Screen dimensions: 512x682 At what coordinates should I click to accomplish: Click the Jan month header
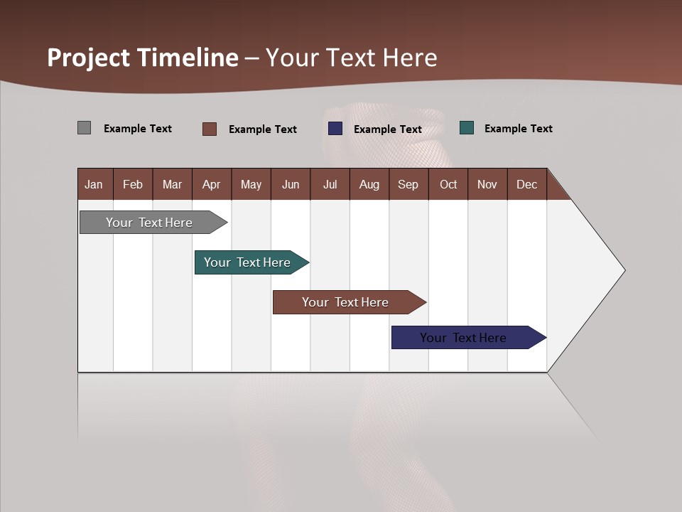click(x=94, y=184)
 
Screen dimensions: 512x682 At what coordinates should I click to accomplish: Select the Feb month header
click(x=133, y=184)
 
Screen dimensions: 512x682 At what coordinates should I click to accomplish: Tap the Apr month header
click(x=211, y=184)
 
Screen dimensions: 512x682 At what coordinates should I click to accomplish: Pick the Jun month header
click(x=291, y=184)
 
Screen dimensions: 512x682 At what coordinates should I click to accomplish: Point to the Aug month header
click(x=369, y=184)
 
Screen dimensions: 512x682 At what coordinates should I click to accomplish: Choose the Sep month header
click(x=408, y=184)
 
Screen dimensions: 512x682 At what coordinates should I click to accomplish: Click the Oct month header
click(x=448, y=184)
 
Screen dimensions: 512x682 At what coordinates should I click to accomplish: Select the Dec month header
click(x=526, y=184)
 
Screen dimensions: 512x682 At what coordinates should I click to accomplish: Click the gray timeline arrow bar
click(x=150, y=223)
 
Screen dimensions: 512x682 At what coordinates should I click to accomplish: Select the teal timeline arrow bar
click(x=248, y=262)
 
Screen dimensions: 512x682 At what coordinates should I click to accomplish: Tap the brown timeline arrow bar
click(x=345, y=302)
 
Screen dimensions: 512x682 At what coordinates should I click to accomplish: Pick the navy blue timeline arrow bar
click(x=464, y=338)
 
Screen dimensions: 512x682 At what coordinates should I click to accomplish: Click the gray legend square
click(x=84, y=128)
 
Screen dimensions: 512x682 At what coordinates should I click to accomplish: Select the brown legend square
click(x=209, y=129)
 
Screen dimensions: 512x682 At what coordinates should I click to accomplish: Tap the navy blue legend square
click(x=335, y=129)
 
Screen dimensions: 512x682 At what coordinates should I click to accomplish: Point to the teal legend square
click(x=467, y=128)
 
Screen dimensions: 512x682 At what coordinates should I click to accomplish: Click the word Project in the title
click(x=87, y=58)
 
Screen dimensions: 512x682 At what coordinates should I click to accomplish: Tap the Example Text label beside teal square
click(x=518, y=129)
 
